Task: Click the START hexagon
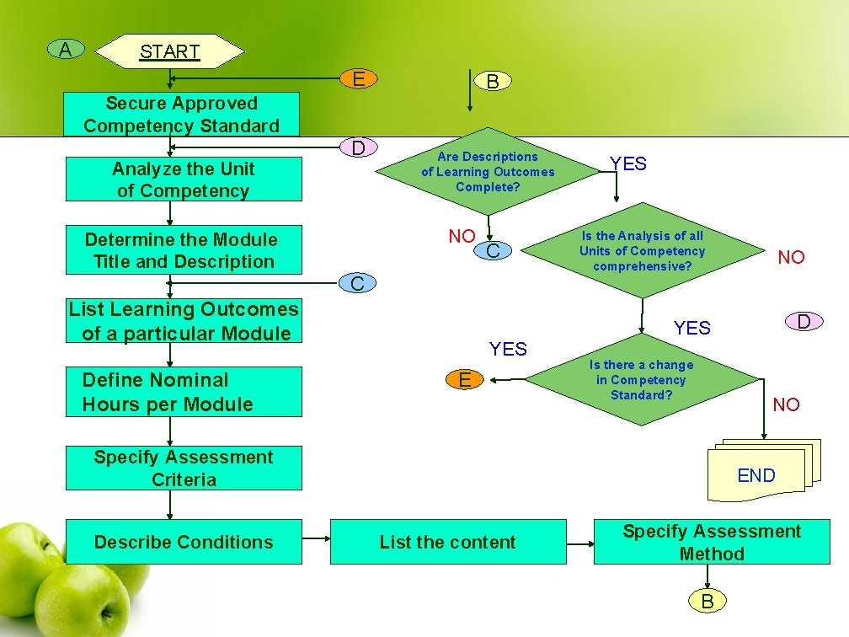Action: (x=169, y=51)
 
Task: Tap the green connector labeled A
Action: (x=65, y=50)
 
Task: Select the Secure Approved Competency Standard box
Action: (x=182, y=115)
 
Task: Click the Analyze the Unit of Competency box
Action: (x=184, y=179)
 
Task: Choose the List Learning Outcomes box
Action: (x=184, y=321)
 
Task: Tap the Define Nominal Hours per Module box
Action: (x=184, y=392)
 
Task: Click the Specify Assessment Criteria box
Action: (x=184, y=468)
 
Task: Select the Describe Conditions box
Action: (x=184, y=542)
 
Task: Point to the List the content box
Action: (x=447, y=542)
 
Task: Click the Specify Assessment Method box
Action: (x=712, y=542)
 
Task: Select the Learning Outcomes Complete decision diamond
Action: (x=488, y=172)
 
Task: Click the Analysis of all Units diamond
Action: (x=642, y=251)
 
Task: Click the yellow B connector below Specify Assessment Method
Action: (x=707, y=601)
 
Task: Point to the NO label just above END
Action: (x=786, y=405)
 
